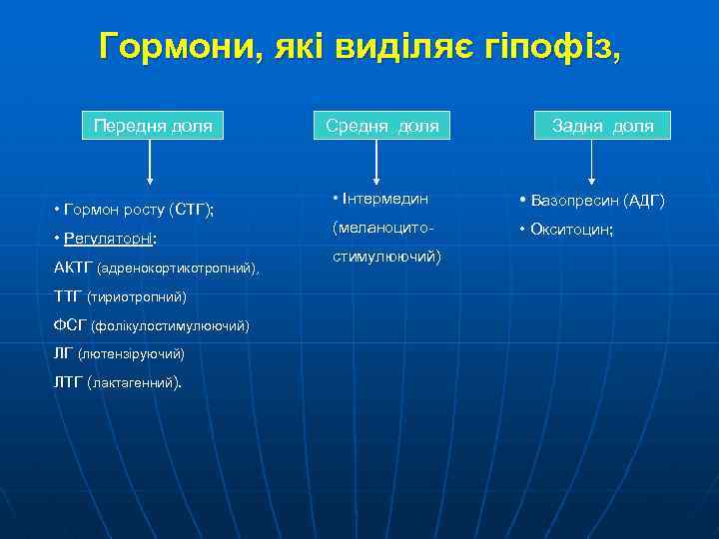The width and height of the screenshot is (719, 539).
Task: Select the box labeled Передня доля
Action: click(152, 126)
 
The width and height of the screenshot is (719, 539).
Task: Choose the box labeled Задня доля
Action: click(604, 126)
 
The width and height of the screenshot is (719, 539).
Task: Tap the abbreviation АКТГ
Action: click(73, 268)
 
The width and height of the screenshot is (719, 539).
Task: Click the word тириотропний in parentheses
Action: click(137, 297)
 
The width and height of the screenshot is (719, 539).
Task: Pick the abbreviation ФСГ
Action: click(70, 326)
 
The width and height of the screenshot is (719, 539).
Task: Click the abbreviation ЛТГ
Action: click(69, 383)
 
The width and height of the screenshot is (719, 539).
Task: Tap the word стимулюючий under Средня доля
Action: click(384, 257)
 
